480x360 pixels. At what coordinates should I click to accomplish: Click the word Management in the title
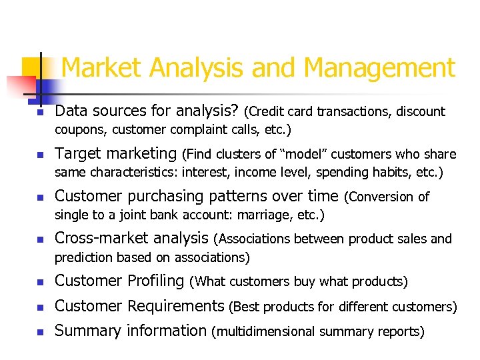379,68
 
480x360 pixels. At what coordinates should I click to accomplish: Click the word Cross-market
98,239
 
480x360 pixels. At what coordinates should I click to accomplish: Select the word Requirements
175,306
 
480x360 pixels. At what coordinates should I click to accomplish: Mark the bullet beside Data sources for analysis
39,112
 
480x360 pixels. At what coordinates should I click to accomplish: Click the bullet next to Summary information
39,331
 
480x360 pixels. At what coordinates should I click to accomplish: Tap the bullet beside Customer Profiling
39,282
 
